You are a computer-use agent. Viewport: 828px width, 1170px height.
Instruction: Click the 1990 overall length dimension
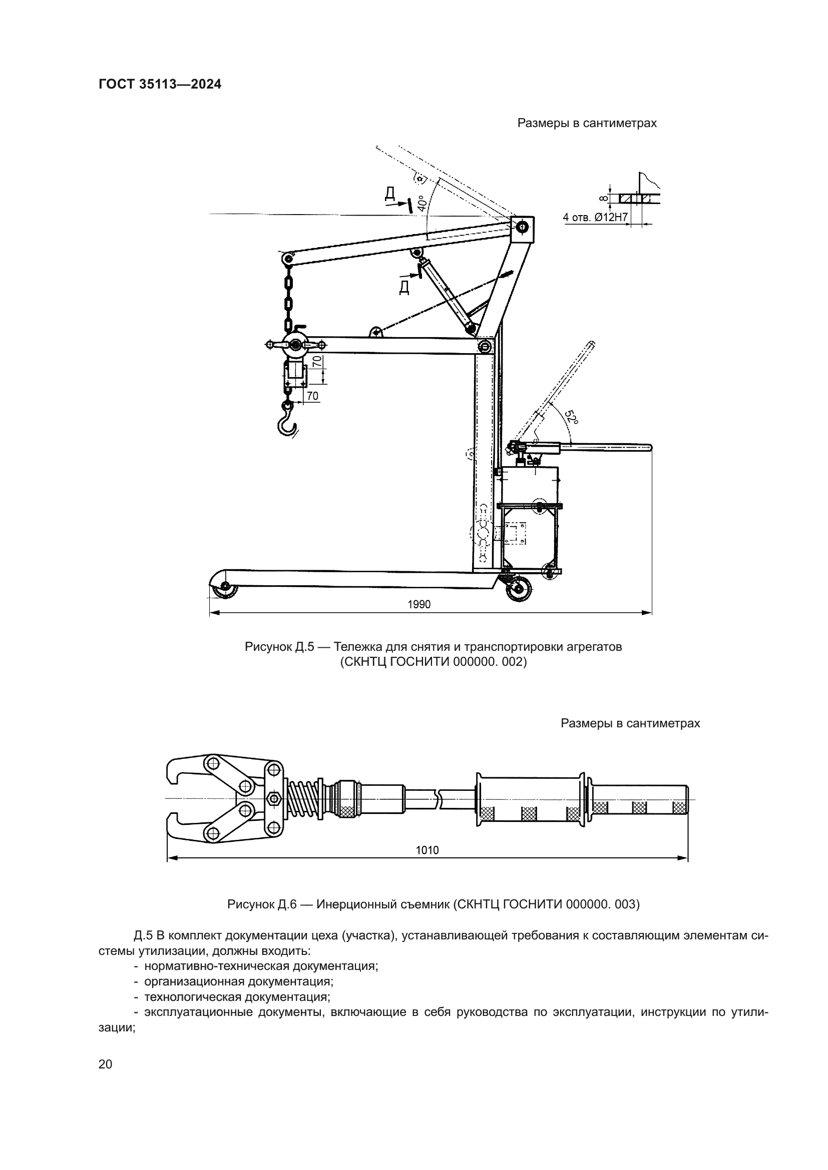[419, 604]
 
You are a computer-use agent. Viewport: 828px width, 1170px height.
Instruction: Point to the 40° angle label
[421, 203]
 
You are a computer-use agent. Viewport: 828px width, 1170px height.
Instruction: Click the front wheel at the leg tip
[224, 591]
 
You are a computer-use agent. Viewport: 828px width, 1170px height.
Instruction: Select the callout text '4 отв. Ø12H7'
[595, 217]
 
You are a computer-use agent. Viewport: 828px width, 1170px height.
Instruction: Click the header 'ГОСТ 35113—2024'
[160, 85]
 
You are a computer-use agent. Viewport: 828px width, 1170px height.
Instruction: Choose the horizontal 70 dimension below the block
[312, 396]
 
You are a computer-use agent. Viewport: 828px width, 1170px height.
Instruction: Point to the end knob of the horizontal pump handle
[648, 448]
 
